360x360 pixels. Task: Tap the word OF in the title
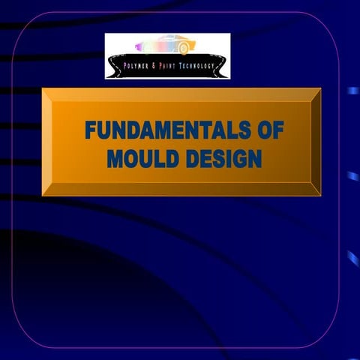(267, 131)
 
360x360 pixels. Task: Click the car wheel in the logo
(184, 49)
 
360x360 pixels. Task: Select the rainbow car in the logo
(161, 47)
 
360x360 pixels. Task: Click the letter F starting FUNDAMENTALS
(91, 131)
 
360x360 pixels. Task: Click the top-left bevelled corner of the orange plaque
(46, 92)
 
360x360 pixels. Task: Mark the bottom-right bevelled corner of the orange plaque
(316, 191)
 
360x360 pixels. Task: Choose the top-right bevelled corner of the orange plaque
(316, 92)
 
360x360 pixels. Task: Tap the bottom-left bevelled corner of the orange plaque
(46, 191)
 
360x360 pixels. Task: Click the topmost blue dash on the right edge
(352, 91)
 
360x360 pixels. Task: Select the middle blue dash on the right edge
(352, 175)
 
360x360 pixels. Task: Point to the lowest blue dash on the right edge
(352, 259)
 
